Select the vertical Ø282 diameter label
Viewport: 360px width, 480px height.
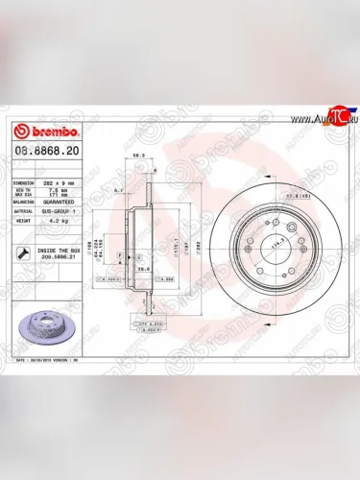(199, 246)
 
